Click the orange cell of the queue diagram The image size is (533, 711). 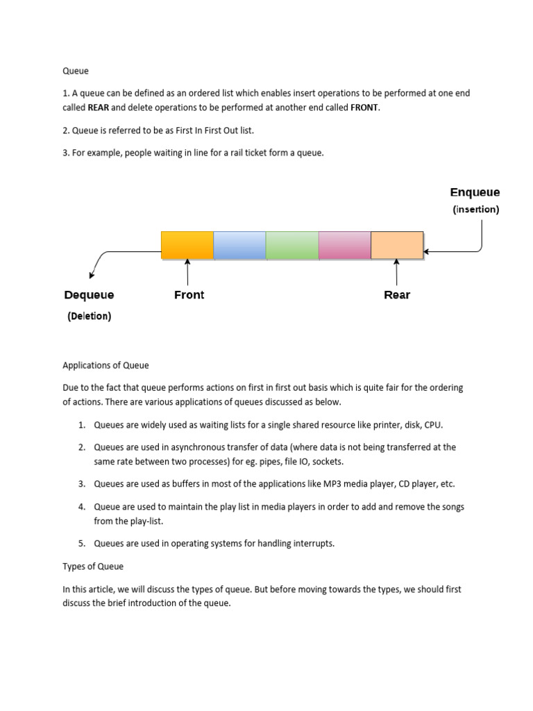click(187, 245)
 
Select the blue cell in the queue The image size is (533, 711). click(239, 245)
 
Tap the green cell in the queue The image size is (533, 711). click(292, 245)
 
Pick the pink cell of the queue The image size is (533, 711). click(345, 245)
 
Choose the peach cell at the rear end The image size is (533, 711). click(397, 245)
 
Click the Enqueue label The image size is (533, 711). click(475, 192)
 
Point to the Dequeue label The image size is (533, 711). click(89, 294)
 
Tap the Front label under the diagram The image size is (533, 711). click(189, 294)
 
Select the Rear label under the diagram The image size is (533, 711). click(397, 294)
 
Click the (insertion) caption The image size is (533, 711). click(475, 209)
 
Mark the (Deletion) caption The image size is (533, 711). click(89, 316)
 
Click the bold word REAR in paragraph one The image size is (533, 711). click(99, 108)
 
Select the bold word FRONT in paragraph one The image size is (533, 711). click(365, 108)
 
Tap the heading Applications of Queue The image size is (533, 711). click(105, 365)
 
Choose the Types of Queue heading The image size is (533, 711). click(93, 566)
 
